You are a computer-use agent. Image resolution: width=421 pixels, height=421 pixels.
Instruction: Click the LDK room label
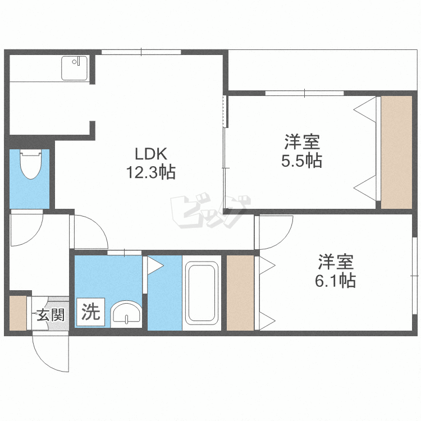pyautogui.click(x=151, y=154)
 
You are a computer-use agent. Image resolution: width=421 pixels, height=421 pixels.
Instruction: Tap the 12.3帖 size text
pyautogui.click(x=151, y=172)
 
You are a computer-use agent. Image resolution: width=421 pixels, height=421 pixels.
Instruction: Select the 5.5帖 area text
pyautogui.click(x=302, y=161)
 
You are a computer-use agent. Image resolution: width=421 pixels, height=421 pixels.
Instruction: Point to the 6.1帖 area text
pyautogui.click(x=335, y=280)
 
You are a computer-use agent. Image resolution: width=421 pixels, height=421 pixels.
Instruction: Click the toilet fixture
pyautogui.click(x=31, y=164)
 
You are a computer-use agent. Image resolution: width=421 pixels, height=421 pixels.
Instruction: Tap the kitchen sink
pyautogui.click(x=74, y=68)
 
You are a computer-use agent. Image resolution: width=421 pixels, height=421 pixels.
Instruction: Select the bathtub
pyautogui.click(x=202, y=293)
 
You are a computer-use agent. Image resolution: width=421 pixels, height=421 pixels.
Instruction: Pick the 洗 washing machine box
pyautogui.click(x=90, y=312)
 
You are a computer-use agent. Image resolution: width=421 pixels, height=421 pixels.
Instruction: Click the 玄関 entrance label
pyautogui.click(x=51, y=314)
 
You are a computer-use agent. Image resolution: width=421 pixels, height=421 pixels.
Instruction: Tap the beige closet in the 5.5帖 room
pyautogui.click(x=396, y=152)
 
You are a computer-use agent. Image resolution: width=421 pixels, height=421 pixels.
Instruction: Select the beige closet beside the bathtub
pyautogui.click(x=240, y=292)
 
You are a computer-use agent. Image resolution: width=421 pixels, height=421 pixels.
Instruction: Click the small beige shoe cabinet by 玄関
pyautogui.click(x=18, y=313)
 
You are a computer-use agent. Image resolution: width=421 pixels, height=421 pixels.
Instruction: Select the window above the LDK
pyautogui.click(x=141, y=52)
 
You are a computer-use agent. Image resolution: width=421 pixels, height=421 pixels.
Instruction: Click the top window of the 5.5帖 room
pyautogui.click(x=304, y=93)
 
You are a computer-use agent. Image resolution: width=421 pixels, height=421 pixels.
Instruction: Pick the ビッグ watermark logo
pyautogui.click(x=210, y=211)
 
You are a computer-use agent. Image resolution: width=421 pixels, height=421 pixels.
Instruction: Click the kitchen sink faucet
pyautogui.click(x=76, y=62)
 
